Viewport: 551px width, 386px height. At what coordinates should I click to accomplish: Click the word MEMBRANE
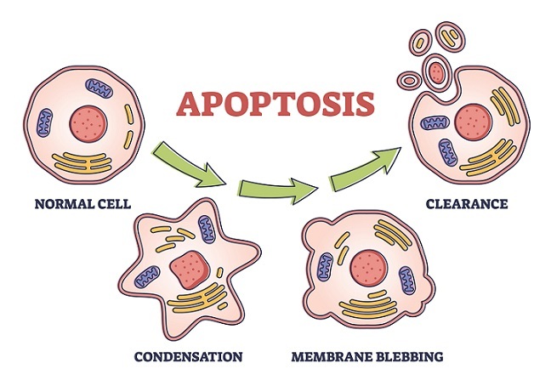pyautogui.click(x=326, y=355)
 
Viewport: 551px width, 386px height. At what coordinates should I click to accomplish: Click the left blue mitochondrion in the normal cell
pyautogui.click(x=45, y=124)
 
